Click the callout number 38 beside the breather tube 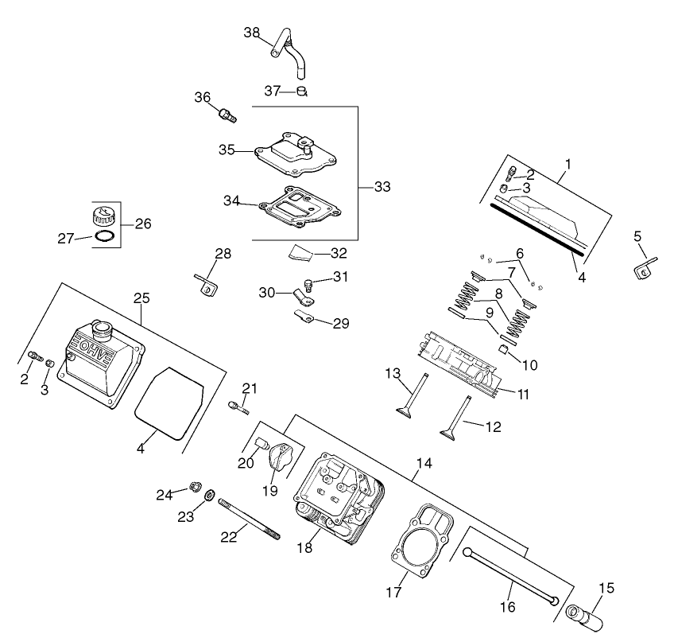click(x=252, y=33)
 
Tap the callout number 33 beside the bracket click(x=382, y=187)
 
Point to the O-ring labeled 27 click(x=105, y=236)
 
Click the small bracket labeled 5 click(x=644, y=266)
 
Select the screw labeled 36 click(x=227, y=115)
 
